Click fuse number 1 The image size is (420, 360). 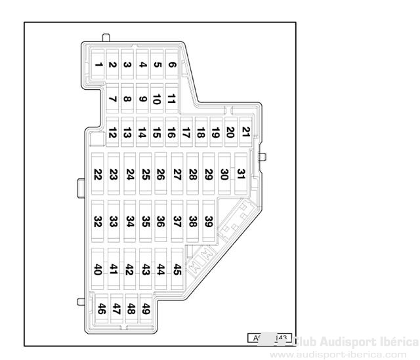[98, 64]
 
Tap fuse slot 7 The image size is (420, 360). [112, 100]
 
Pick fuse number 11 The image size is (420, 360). [171, 100]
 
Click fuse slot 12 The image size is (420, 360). [112, 133]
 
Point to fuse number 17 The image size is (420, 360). [186, 133]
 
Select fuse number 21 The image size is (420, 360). [245, 131]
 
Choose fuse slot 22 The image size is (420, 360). [98, 174]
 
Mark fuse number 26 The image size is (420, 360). [161, 174]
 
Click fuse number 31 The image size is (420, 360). [241, 173]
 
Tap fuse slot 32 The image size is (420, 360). [98, 221]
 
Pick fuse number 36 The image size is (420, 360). [161, 221]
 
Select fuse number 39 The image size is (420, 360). [209, 221]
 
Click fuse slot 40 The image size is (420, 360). [98, 268]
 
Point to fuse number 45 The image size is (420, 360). [177, 268]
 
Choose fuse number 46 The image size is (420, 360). [102, 308]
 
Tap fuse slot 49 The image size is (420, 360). [146, 308]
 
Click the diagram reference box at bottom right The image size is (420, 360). [269, 338]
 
